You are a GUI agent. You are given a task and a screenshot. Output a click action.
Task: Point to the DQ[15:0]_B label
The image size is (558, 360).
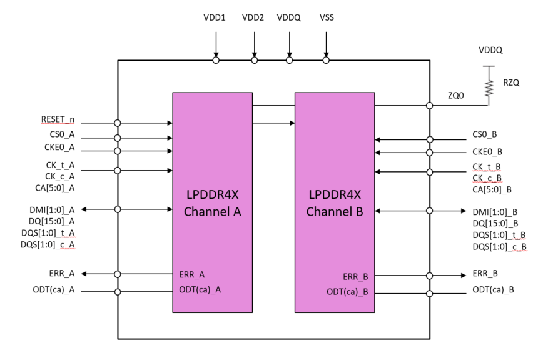click(499, 222)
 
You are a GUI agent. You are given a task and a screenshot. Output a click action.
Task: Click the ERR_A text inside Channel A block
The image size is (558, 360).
click(192, 274)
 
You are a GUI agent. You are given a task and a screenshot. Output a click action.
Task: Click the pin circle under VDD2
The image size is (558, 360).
click(255, 61)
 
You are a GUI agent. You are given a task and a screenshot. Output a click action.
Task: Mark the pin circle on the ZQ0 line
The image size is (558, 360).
click(429, 106)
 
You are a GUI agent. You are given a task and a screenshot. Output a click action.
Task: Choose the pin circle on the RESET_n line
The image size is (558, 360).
click(118, 123)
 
